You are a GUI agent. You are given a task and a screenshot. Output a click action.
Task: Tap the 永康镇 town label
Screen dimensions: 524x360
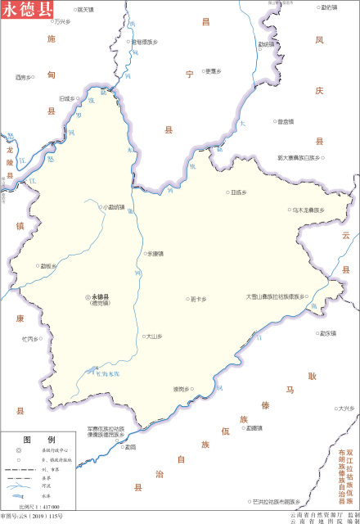[155, 254]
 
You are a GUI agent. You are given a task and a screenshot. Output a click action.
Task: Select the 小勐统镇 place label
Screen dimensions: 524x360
[113, 207]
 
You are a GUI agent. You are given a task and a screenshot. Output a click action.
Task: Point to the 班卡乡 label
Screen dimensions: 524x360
[198, 299]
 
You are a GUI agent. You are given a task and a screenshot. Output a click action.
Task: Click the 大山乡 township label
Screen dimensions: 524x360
[155, 336]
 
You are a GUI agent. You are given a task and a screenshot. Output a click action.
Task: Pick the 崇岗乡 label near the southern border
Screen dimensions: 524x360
[182, 389]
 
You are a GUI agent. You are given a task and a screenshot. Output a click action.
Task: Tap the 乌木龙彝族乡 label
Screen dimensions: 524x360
[308, 210]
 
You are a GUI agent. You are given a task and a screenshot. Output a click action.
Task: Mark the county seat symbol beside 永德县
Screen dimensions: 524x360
[88, 296]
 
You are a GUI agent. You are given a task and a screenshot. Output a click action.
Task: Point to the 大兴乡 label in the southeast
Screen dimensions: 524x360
[346, 408]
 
